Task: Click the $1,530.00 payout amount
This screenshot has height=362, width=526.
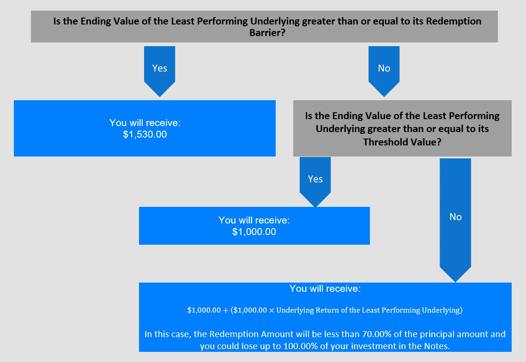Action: coord(145,134)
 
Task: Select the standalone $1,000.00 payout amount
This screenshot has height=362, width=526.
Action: coord(254,231)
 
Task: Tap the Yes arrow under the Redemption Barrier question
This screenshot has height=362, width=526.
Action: coord(160,72)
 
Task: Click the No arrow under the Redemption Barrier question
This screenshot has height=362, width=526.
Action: coord(384,72)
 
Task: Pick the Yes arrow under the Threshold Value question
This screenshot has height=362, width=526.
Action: coord(315,182)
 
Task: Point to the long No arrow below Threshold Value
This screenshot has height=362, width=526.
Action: coord(455,220)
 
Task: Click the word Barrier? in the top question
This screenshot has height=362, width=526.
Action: coord(267,32)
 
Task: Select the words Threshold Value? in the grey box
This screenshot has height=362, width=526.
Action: coord(402,142)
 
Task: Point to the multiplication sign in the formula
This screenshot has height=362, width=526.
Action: coord(272,310)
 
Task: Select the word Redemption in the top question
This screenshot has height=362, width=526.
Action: coord(453,21)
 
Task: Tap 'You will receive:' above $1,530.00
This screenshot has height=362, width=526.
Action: coord(145,123)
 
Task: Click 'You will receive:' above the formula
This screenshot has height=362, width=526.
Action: coord(325,289)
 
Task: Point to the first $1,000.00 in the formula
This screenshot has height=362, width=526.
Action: coord(204,310)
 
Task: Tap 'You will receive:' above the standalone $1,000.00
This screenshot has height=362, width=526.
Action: coord(254,220)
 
